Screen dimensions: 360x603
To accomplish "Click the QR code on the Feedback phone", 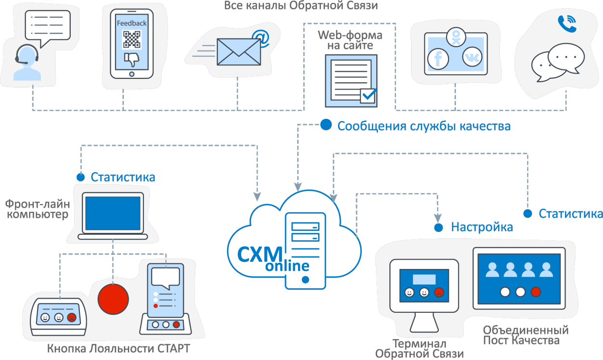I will coord(131,39).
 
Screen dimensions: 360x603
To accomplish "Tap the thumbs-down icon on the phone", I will coord(131,59).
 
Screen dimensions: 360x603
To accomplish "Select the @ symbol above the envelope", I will coord(260,38).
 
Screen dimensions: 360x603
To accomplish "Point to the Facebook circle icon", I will coord(438,58).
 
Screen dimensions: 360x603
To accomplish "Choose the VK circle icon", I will coord(472,57).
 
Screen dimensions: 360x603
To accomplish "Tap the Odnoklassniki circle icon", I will coord(455,37).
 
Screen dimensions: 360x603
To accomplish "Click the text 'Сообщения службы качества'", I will coord(424,126).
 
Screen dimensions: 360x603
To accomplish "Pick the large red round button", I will coord(114,298).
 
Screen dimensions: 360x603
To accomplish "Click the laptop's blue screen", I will coord(113,212).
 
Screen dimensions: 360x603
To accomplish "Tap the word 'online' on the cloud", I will coord(288,266).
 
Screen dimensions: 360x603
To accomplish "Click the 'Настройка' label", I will coord(482,227).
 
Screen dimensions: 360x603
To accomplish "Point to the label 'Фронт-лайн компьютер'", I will coord(37,209).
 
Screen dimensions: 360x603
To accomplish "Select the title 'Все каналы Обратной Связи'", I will coord(301,6).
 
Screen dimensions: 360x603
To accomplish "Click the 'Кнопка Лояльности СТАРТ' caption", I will coord(118,348).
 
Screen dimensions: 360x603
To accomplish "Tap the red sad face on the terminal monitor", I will coord(438,292).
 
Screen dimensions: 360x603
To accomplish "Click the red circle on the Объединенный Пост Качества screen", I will coord(536,292).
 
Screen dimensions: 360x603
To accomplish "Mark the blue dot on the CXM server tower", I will coord(305,279).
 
